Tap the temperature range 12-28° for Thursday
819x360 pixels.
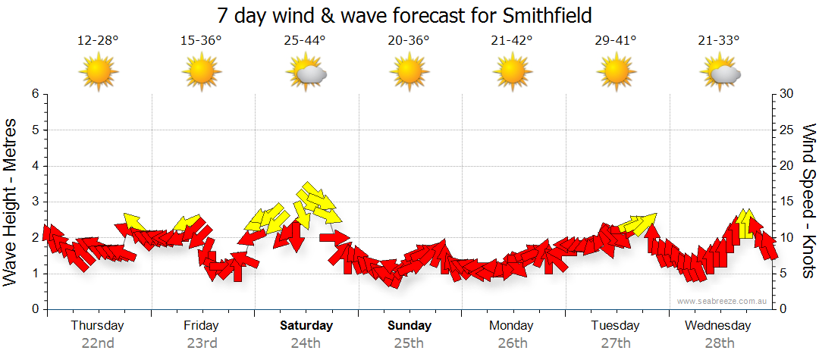[x=98, y=40]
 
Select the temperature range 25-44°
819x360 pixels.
[x=305, y=40]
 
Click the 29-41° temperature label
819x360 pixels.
[x=616, y=40]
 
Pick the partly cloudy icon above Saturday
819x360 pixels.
[x=306, y=73]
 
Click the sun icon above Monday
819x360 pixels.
[x=512, y=73]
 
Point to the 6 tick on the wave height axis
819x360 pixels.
[x=34, y=94]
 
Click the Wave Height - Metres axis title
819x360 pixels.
[x=11, y=201]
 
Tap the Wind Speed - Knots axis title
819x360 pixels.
[x=808, y=201]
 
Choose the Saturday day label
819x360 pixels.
[x=306, y=326]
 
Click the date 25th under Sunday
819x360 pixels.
[x=409, y=343]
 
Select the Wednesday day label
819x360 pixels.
[x=717, y=326]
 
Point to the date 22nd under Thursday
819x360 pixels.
[x=98, y=343]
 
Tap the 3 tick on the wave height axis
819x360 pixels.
[x=34, y=202]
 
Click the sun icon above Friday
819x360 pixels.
[x=202, y=73]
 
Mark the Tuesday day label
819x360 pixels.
[x=615, y=326]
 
